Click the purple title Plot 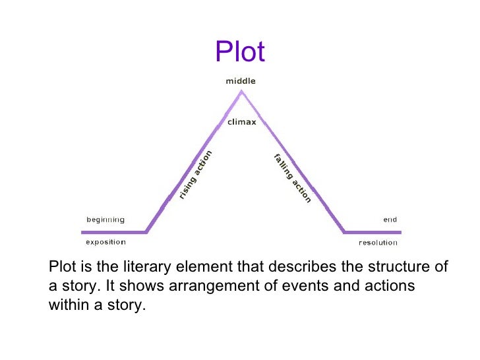pyautogui.click(x=240, y=52)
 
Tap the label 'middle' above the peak pyautogui.click(x=241, y=81)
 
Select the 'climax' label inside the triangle pyautogui.click(x=242, y=123)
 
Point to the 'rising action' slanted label pyautogui.click(x=196, y=175)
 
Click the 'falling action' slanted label pyautogui.click(x=292, y=177)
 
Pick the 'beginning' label pyautogui.click(x=105, y=220)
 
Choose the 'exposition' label pyautogui.click(x=105, y=242)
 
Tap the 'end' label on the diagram pyautogui.click(x=390, y=220)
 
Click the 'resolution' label pyautogui.click(x=378, y=243)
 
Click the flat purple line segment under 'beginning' pyautogui.click(x=113, y=231)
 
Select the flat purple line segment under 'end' pyautogui.click(x=373, y=231)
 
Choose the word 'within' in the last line pyautogui.click(x=68, y=305)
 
